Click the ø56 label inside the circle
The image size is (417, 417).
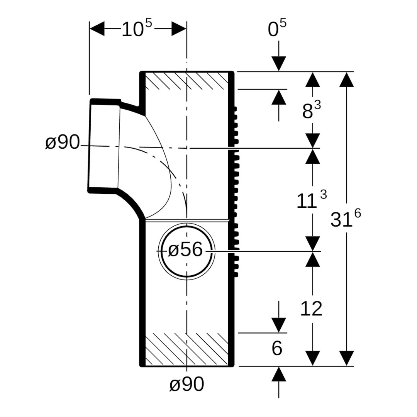186,250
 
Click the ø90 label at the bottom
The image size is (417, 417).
186,385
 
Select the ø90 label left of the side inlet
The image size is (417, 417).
62,143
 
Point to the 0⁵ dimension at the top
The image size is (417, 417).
277,29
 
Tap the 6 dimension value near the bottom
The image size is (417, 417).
277,349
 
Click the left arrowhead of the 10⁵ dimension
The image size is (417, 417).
97,29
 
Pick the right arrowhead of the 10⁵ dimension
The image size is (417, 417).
179,29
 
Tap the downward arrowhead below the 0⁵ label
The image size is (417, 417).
279,64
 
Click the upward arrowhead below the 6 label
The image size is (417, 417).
279,374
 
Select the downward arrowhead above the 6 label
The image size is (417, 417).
279,325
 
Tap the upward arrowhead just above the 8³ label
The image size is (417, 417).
279,97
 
